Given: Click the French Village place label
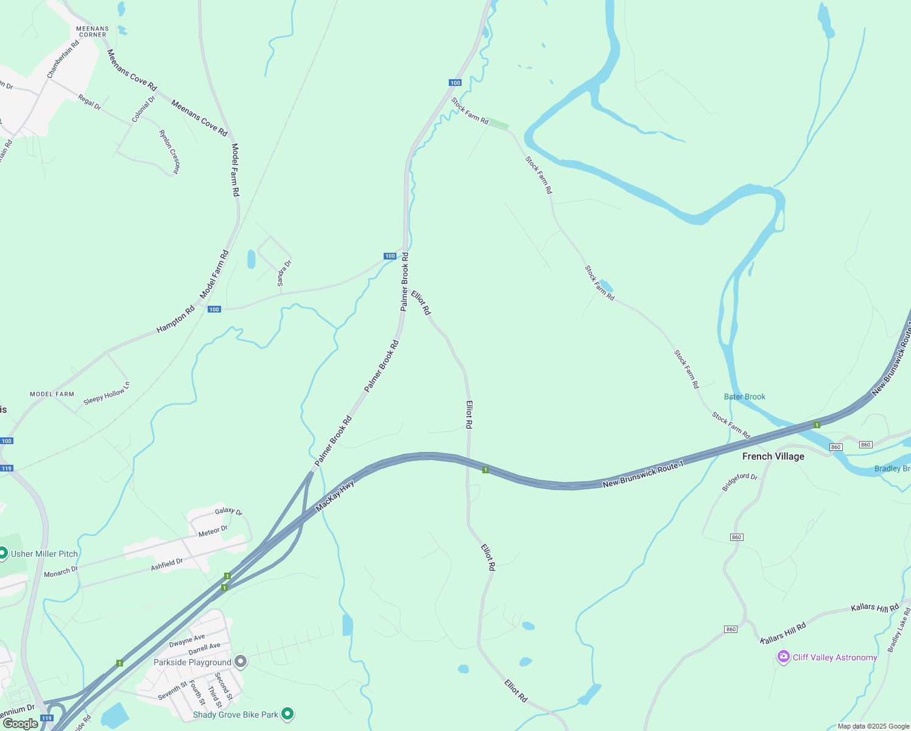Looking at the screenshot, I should (773, 456).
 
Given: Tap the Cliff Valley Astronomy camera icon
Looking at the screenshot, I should (784, 657).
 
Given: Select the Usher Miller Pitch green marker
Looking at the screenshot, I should (2, 553).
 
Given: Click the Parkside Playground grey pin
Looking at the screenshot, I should (241, 662).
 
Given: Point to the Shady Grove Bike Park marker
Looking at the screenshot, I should (287, 713).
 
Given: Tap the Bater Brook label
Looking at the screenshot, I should (744, 397).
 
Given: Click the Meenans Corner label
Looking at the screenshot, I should (93, 32).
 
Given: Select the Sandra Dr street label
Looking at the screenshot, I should (284, 273).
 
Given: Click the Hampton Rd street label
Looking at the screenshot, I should (175, 319).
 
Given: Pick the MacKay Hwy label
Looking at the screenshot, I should (335, 496).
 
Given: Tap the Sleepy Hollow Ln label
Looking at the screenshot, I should (107, 393).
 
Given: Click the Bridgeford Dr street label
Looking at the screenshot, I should (739, 482).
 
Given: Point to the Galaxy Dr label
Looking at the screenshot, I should (228, 512).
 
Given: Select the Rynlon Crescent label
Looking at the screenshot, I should (169, 152).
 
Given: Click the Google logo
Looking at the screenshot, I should (20, 724).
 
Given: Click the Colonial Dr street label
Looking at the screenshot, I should (144, 109).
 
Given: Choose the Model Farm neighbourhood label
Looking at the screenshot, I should (52, 394).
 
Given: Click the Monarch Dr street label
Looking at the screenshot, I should (61, 572).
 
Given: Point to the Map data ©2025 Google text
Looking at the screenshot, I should (873, 726).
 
